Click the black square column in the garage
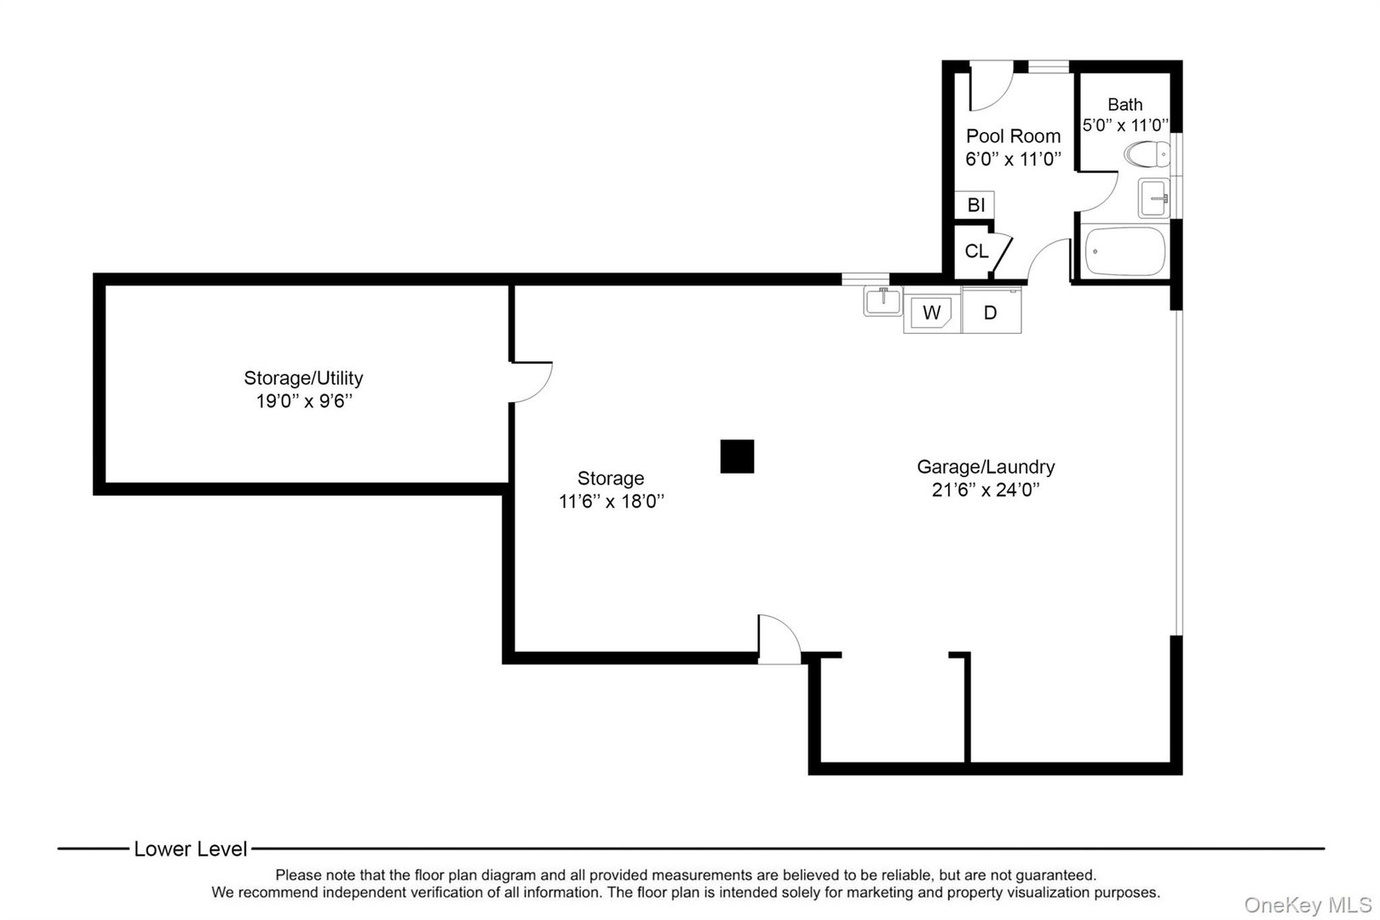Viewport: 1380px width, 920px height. pos(737,456)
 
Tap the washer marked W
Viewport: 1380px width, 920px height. pos(932,313)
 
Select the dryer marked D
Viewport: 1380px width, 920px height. pos(991,313)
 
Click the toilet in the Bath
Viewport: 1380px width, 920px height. pos(1146,154)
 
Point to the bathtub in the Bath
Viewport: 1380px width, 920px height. pos(1124,251)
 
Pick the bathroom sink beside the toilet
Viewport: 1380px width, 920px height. pos(1154,198)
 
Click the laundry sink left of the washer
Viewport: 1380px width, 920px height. pos(883,302)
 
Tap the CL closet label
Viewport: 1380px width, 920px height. pos(976,252)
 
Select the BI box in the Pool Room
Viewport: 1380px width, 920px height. pos(975,205)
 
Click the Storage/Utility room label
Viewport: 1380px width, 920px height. pos(303,377)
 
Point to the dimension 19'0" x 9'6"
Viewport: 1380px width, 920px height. pos(304,401)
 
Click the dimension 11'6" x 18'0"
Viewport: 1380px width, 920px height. pos(611,502)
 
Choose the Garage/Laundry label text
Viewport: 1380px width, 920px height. pos(986,467)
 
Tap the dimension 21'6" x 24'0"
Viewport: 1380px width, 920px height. pos(986,491)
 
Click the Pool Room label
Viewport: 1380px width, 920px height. pos(1013,136)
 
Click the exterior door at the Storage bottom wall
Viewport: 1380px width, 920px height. pos(779,640)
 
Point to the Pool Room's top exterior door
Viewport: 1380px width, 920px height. pos(990,86)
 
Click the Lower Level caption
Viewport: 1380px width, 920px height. pos(190,849)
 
